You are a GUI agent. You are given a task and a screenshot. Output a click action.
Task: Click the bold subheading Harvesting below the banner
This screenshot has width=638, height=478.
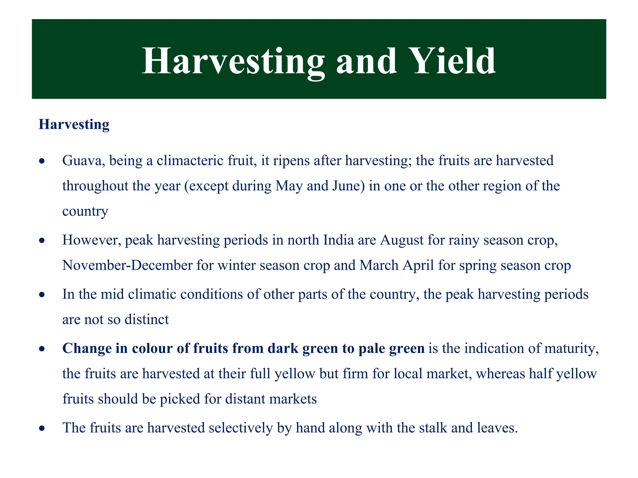(x=74, y=124)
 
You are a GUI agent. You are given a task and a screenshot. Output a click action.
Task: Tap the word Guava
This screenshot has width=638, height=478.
(x=83, y=161)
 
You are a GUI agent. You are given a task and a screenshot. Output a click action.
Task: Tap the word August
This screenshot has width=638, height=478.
(x=402, y=240)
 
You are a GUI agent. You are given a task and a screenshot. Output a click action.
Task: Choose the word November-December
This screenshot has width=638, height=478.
(x=127, y=265)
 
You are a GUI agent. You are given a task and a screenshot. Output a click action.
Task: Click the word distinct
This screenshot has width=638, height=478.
(x=146, y=320)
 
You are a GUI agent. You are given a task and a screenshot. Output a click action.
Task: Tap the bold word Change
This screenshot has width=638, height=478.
(x=87, y=349)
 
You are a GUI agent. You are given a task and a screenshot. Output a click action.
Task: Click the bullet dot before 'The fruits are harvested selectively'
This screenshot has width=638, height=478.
(x=42, y=429)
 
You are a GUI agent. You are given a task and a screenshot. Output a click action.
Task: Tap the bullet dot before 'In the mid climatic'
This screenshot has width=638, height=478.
(x=42, y=295)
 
